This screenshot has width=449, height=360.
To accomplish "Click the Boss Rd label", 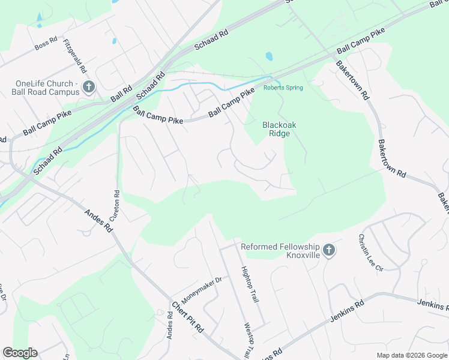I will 46,44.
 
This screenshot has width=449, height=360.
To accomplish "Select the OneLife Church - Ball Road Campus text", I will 46,88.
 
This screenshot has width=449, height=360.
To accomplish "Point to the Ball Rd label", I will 121,93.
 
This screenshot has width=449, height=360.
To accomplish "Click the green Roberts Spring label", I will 283,88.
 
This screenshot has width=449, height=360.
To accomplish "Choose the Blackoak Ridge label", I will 276,129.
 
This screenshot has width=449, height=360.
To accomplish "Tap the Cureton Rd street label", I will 117,205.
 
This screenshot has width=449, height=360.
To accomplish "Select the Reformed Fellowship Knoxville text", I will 280,251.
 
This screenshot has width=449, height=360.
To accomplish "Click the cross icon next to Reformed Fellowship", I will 328,250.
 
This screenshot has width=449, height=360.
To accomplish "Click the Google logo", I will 20,353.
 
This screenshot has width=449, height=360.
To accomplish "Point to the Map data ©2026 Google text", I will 411,355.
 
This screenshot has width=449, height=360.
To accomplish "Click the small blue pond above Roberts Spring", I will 269,57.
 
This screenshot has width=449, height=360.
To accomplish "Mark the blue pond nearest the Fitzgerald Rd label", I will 113,41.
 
